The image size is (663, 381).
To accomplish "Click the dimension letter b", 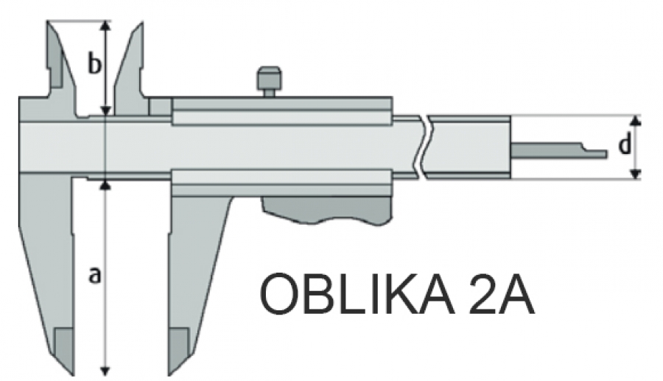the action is coord(95,63).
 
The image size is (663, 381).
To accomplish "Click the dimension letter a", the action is coord(95,276).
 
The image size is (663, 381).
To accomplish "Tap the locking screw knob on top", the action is coord(269,82).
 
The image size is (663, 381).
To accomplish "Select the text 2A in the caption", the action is coord(501,293).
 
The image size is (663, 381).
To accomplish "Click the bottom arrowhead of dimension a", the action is coord(105,371).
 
